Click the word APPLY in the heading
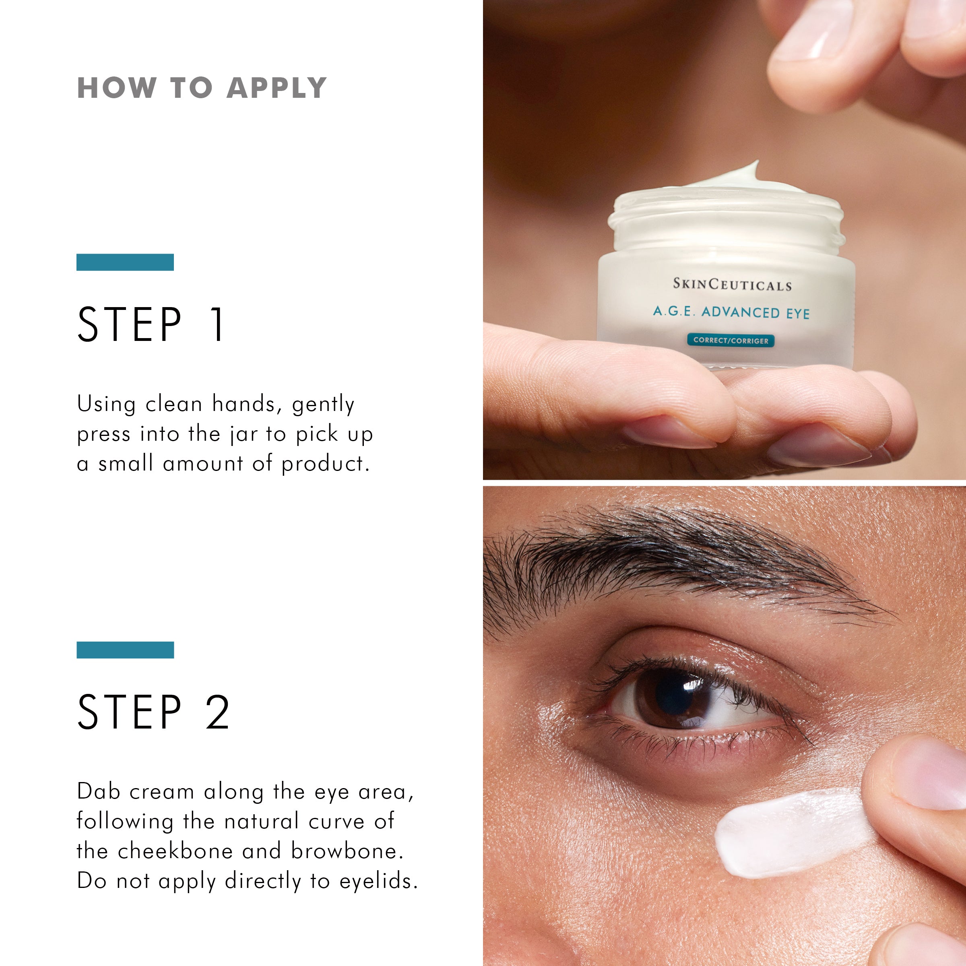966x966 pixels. tap(277, 88)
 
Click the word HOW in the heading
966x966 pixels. tap(116, 88)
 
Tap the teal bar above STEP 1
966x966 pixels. tap(125, 262)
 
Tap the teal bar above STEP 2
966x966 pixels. tap(125, 650)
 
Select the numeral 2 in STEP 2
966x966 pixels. tap(217, 712)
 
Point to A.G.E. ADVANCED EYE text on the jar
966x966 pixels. tap(731, 312)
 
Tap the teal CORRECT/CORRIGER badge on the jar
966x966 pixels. tap(731, 341)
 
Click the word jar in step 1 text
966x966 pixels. tap(244, 435)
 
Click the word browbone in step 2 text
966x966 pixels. tap(346, 851)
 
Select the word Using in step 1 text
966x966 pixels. tap(106, 404)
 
